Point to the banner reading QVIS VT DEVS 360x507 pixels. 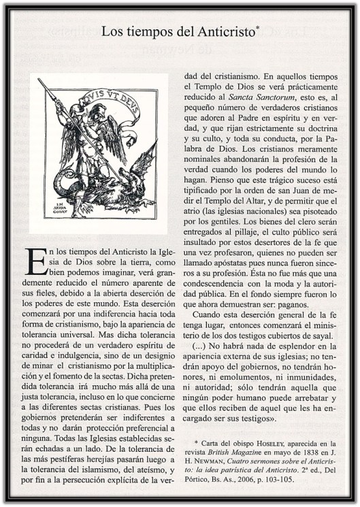pos(116,96)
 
